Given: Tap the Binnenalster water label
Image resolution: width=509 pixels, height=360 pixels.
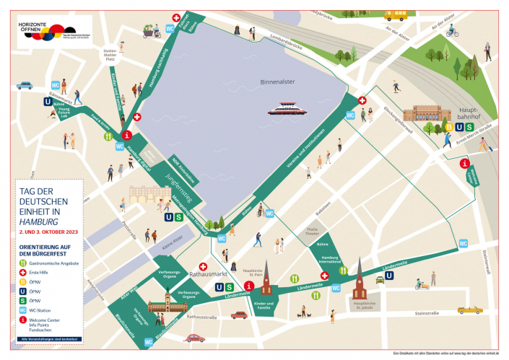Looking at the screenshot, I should pyautogui.click(x=277, y=82).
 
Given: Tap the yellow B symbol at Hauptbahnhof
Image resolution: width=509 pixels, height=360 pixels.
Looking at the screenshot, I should pyautogui.click(x=448, y=128).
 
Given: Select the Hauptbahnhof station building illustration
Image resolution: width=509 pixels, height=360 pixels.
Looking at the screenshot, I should pyautogui.click(x=424, y=115).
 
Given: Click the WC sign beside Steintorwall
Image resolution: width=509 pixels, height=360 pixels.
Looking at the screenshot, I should pyautogui.click(x=463, y=243).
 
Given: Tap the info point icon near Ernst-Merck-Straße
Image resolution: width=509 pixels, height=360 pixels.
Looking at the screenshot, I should pyautogui.click(x=466, y=163).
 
